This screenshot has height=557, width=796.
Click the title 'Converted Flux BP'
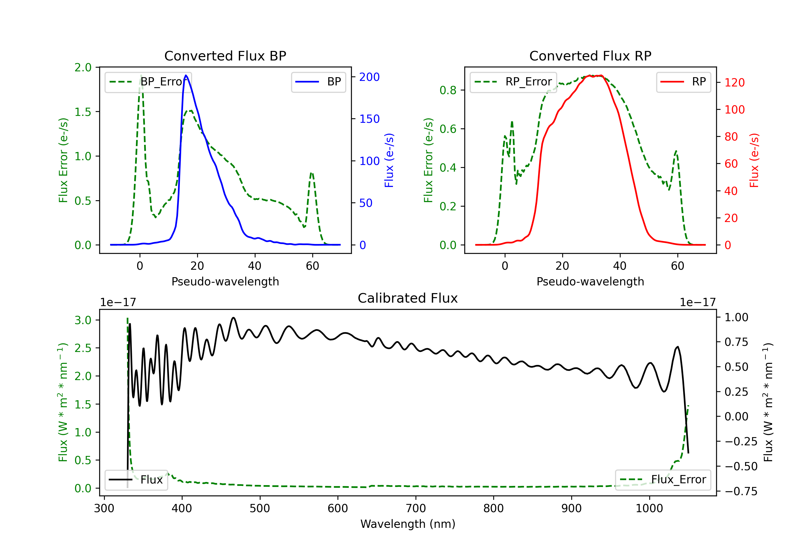coord(225,56)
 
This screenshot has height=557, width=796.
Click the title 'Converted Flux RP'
coord(590,56)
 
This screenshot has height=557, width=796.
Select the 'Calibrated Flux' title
coord(408,298)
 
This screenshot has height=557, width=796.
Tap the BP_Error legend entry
coord(148,82)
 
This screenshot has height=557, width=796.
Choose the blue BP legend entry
coord(318,82)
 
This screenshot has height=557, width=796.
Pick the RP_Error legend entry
coord(513,82)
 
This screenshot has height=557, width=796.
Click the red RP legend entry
coord(683,82)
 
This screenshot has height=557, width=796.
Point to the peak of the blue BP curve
coord(186,75)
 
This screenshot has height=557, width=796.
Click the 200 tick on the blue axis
coord(369,77)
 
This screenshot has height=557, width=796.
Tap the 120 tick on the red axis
coord(734,82)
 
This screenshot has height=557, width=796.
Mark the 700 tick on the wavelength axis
coord(416,508)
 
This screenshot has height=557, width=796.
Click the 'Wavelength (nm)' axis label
coord(408,524)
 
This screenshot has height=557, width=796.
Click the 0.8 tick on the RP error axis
coord(448,90)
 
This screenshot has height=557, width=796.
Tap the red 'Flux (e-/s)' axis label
coord(754,160)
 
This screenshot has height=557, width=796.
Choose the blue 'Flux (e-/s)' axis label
coord(389,160)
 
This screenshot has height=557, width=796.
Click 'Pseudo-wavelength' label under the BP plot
coord(225,281)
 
